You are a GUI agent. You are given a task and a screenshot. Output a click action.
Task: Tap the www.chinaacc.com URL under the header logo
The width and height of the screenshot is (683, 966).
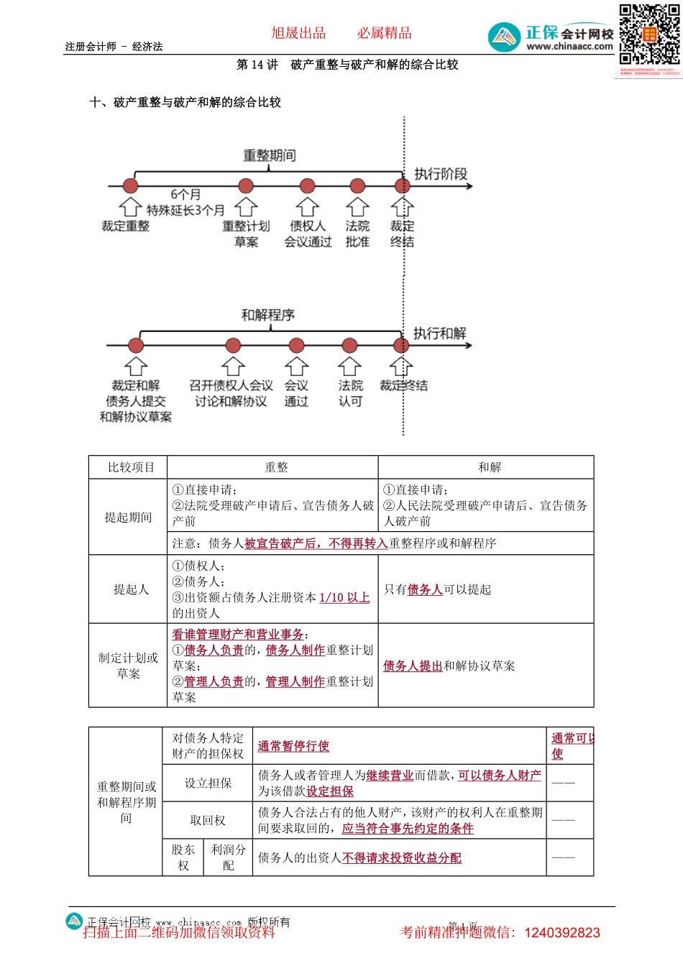click(x=569, y=47)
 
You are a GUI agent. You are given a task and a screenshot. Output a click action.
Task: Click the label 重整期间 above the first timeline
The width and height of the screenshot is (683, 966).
click(x=270, y=155)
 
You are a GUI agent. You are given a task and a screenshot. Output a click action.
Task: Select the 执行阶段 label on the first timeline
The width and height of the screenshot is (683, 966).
click(x=441, y=174)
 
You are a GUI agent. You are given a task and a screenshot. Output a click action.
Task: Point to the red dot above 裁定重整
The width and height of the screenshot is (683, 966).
click(x=130, y=186)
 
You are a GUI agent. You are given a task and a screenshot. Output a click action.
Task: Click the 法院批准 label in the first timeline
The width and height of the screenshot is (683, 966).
click(x=357, y=234)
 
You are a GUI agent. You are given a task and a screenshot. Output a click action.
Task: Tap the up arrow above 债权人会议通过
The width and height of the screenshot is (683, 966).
click(x=308, y=207)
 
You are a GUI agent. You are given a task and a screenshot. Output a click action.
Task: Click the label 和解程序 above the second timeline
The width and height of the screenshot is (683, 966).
click(x=268, y=315)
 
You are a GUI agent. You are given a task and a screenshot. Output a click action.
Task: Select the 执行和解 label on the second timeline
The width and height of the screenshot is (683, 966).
click(x=439, y=333)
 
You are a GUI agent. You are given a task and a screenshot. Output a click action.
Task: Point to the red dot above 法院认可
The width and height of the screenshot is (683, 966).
click(x=349, y=346)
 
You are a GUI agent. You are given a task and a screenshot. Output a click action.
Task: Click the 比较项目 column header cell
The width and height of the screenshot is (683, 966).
click(x=131, y=467)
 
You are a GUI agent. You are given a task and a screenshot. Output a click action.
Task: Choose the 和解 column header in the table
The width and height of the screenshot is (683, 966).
click(x=489, y=467)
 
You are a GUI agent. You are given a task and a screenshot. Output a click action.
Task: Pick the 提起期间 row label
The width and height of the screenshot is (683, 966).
click(x=128, y=517)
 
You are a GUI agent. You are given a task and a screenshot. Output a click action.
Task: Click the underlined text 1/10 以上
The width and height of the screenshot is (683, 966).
click(x=344, y=597)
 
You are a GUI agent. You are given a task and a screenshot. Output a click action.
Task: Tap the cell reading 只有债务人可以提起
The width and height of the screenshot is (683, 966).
click(x=437, y=589)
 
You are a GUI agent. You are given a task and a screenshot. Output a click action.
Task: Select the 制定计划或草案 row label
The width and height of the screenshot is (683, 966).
click(x=128, y=666)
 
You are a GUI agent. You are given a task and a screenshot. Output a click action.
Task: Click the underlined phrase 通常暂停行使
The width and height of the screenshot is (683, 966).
click(x=293, y=746)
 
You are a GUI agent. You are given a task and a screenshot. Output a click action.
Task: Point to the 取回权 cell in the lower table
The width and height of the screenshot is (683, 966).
click(x=208, y=820)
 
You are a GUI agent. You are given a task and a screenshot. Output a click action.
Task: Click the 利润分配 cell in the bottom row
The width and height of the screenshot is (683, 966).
click(x=229, y=857)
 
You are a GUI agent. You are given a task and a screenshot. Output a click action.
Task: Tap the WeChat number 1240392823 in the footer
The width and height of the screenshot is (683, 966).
click(x=562, y=933)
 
